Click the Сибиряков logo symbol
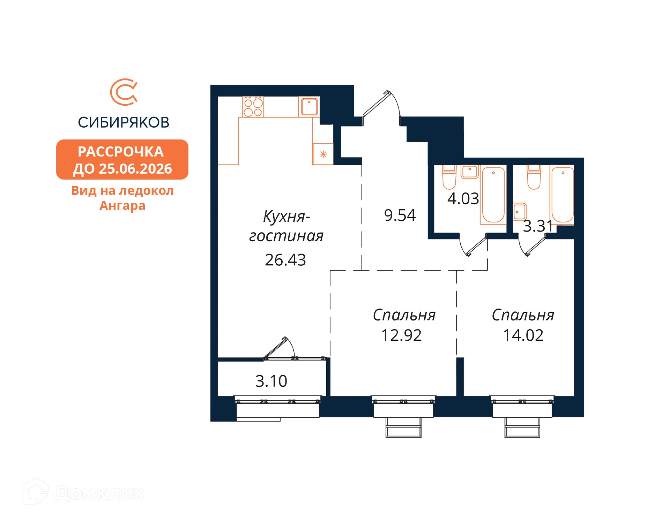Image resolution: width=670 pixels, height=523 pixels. point(124,92)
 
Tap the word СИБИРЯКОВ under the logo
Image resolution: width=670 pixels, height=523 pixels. point(124,122)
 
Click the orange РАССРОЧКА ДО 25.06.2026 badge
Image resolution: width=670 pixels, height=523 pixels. point(122,160)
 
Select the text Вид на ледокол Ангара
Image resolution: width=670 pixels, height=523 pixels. point(122,198)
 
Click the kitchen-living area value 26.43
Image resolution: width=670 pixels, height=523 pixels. point(285,260)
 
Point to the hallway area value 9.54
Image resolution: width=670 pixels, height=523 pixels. point(400,215)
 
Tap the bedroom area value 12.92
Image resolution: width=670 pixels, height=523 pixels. point(401,335)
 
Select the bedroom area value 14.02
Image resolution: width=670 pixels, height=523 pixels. point(523,335)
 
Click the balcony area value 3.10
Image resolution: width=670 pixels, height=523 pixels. point(271,381)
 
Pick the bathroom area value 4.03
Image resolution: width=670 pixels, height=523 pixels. point(463,199)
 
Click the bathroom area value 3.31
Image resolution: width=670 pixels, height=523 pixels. point(538,226)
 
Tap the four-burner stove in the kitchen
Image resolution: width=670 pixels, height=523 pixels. point(253,107)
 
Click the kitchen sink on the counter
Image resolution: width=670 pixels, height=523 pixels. point(309,107)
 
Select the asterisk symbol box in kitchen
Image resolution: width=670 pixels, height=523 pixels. point(323,154)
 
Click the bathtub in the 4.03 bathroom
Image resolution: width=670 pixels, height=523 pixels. point(493,195)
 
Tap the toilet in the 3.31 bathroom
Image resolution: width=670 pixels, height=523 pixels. point(534,177)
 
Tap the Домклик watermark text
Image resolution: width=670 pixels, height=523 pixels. point(99,493)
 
